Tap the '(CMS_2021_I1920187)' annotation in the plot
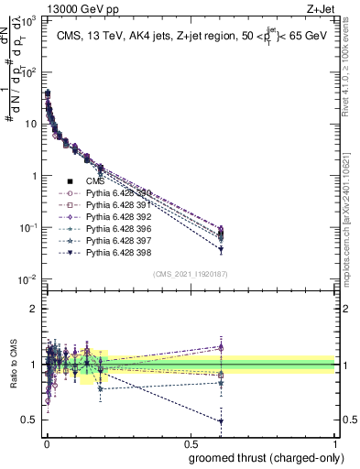(x=190, y=274)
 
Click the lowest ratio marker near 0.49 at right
(x=221, y=420)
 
